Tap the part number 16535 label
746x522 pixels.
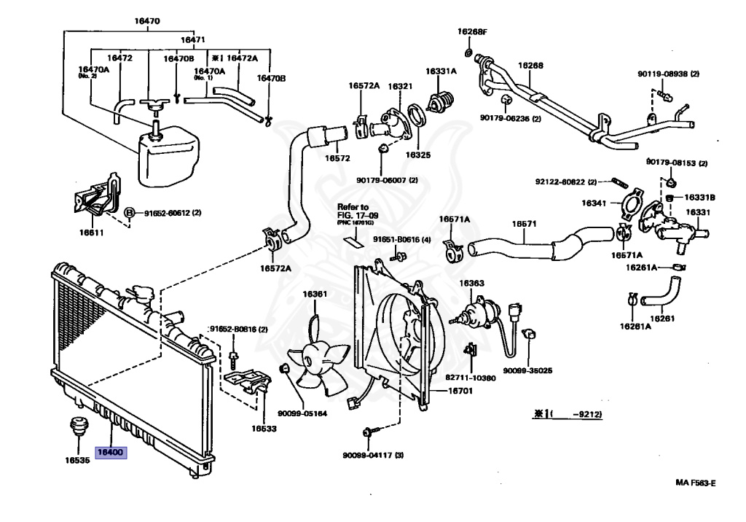77,461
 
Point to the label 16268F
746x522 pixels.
472,31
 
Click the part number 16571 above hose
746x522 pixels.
523,224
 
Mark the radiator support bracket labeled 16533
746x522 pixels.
248,382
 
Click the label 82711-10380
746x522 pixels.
471,378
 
